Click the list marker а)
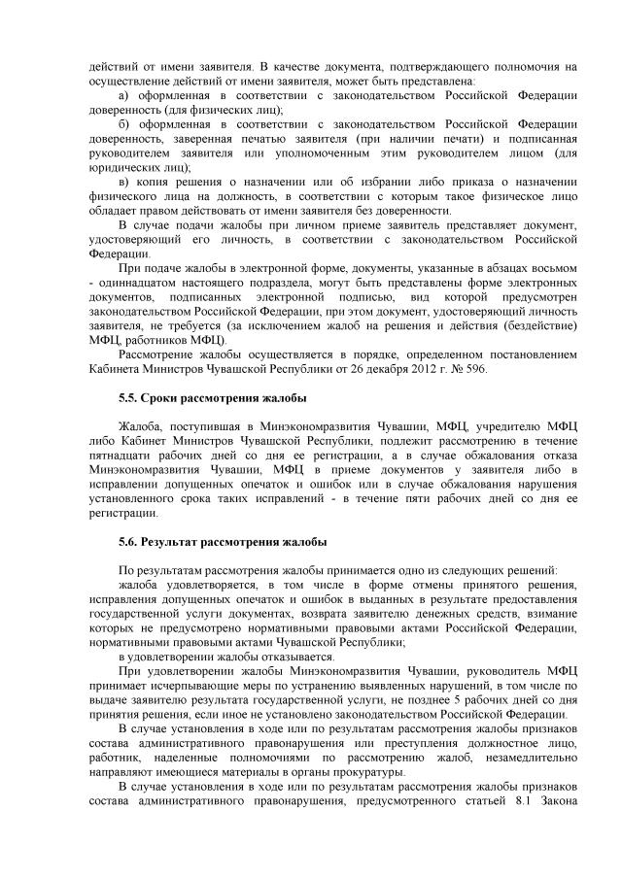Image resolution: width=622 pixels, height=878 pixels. tap(123, 96)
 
